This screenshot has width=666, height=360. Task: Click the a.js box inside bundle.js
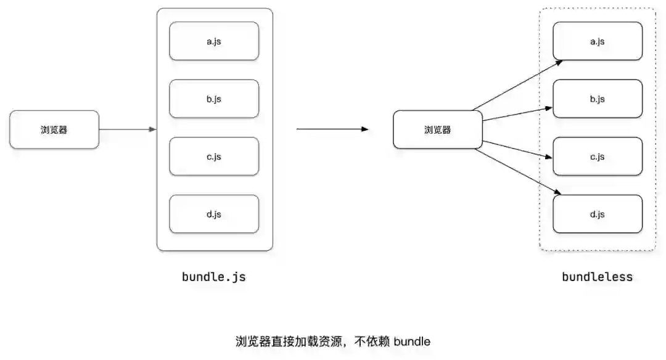tap(214, 41)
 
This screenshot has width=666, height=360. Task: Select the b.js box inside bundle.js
tap(214, 99)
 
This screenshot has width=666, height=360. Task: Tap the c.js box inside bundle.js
tap(214, 157)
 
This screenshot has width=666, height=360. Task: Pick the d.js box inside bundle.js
tap(214, 214)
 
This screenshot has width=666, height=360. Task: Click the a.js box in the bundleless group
tap(597, 41)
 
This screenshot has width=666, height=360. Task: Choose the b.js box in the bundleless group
tap(597, 99)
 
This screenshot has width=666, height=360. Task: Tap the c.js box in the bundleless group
tap(597, 157)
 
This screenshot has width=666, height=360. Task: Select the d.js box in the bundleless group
tap(597, 214)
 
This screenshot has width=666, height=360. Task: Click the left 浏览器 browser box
tap(54, 129)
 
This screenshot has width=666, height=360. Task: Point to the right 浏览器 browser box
tap(438, 129)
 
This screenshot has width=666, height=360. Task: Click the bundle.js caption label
tap(214, 277)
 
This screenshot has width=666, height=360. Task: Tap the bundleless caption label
tap(597, 277)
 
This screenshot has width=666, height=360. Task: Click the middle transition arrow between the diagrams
tap(332, 129)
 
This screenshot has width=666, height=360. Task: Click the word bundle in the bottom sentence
tap(412, 341)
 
